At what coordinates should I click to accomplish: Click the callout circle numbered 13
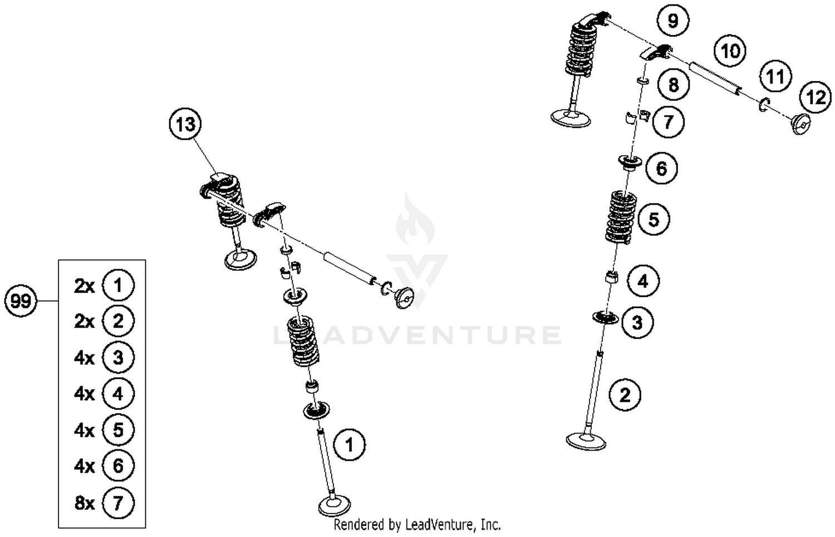click(x=185, y=124)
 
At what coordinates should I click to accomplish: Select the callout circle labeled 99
click(x=21, y=301)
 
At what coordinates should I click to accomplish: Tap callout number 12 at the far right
click(x=816, y=97)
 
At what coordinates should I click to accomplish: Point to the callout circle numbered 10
click(x=730, y=51)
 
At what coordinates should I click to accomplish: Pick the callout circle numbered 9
click(x=672, y=21)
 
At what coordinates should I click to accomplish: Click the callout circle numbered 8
click(x=673, y=85)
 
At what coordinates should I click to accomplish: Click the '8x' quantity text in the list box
click(x=85, y=503)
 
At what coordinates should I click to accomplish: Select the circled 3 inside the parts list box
click(x=118, y=357)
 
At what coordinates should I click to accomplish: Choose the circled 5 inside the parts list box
click(x=118, y=430)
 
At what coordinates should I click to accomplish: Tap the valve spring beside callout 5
click(x=621, y=217)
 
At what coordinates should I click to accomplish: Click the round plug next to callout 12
click(x=800, y=124)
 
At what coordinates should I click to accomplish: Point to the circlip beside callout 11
click(x=763, y=104)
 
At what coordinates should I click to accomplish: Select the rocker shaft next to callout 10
click(x=715, y=78)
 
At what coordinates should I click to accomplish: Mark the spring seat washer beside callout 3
click(x=605, y=318)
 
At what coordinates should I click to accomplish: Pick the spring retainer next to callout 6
click(x=630, y=162)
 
